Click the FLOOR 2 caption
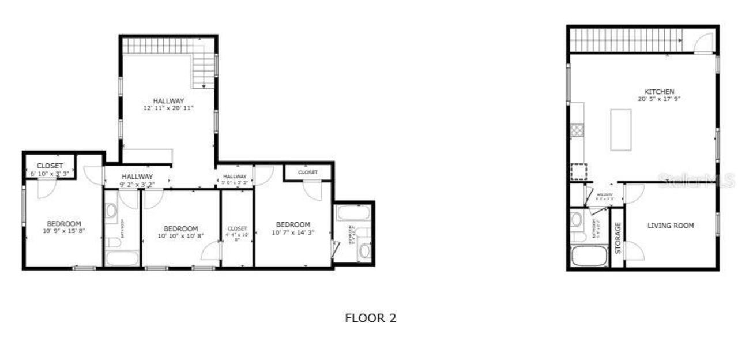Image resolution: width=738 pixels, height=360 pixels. coord(371,318)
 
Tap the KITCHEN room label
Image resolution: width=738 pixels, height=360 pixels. coord(659,92)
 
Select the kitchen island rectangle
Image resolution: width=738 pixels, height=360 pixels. coord(621,130)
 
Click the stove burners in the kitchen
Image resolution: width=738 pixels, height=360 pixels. coord(577,130)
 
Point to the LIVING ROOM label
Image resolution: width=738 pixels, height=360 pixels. coord(671,226)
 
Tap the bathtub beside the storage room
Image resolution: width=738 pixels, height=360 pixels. coord(589,256)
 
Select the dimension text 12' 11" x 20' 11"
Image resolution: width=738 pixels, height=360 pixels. coord(169,108)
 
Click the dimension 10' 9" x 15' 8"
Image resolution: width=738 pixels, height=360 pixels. coord(64,231)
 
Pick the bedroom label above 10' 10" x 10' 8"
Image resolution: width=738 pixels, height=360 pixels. coord(180,228)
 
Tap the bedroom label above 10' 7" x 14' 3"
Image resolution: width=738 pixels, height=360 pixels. coord(293,224)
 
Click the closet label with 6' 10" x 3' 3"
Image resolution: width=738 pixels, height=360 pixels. coord(50,166)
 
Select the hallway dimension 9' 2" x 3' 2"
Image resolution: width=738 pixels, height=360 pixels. coord(137,185)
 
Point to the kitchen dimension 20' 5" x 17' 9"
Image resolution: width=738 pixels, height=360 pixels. coord(659,99)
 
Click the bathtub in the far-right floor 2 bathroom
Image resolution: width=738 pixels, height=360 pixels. coord(353,213)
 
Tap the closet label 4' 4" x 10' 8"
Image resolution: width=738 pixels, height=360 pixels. coord(237,229)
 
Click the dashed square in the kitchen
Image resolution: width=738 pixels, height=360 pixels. coord(578,172)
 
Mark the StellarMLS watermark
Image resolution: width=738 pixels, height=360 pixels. coord(697,181)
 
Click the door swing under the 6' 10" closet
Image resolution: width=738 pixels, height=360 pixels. coord(46,188)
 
